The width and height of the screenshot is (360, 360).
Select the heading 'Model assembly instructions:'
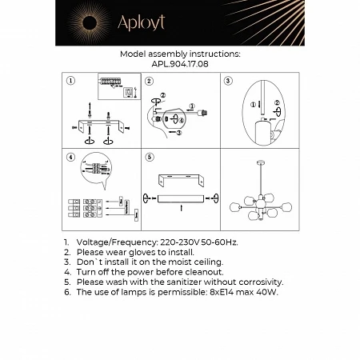(179, 54)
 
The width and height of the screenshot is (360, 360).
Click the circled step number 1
(70, 81)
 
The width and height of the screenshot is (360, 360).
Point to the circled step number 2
(149, 81)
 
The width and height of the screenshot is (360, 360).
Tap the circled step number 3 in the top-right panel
(227, 81)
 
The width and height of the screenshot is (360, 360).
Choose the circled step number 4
(70, 158)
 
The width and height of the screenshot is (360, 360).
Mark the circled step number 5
(149, 158)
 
